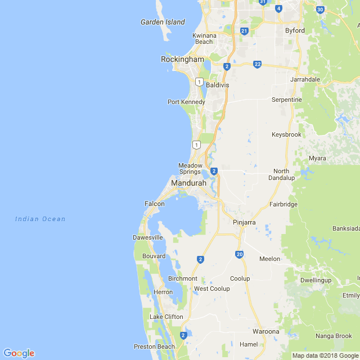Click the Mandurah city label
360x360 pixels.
pyautogui.click(x=188, y=183)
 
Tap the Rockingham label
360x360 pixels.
pyautogui.click(x=182, y=59)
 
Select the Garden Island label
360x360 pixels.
pyautogui.click(x=163, y=22)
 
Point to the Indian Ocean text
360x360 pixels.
pyautogui.click(x=40, y=219)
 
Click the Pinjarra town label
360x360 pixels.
pyautogui.click(x=244, y=223)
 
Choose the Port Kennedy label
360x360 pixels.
pyautogui.click(x=186, y=102)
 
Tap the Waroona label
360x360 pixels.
pyautogui.click(x=265, y=331)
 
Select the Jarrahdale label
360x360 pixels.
pyautogui.click(x=305, y=79)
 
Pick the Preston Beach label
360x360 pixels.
pyautogui.click(x=154, y=346)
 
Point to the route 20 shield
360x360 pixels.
pyautogui.click(x=240, y=255)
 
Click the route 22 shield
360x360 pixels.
pyautogui.click(x=257, y=65)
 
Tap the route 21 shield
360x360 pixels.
pyautogui.click(x=244, y=31)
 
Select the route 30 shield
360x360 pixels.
pyautogui.click(x=320, y=10)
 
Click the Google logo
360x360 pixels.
pyautogui.click(x=19, y=353)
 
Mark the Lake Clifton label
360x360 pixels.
pyautogui.click(x=166, y=317)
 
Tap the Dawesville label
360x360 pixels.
pyautogui.click(x=147, y=238)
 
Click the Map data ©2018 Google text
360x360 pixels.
pyautogui.click(x=325, y=355)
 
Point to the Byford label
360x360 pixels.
pyautogui.click(x=295, y=30)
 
